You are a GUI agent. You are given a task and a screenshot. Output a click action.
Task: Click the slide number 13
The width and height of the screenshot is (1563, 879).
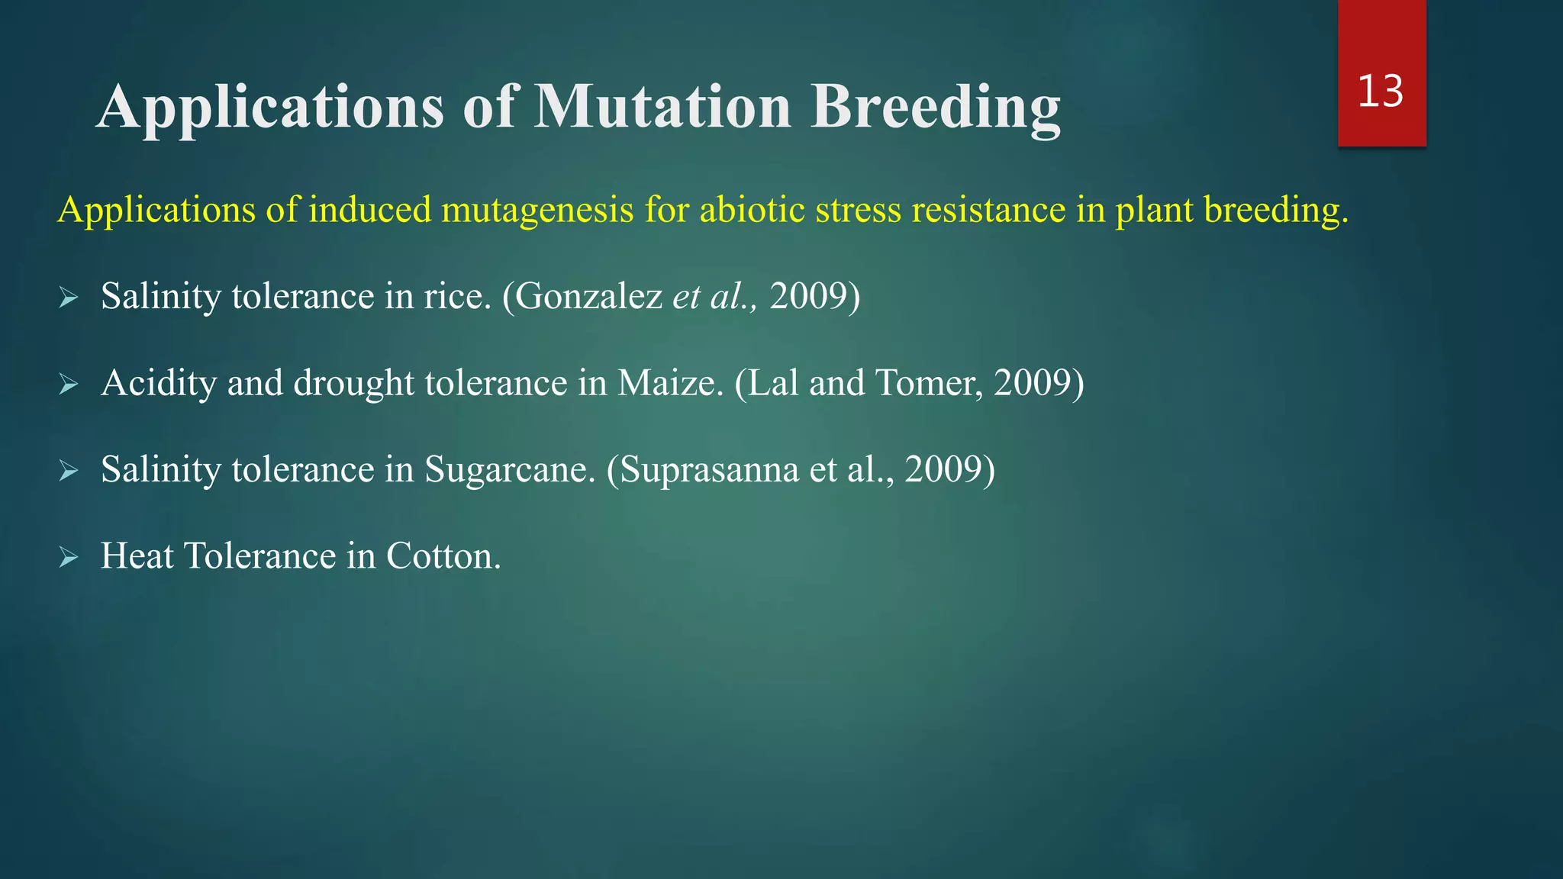1381,92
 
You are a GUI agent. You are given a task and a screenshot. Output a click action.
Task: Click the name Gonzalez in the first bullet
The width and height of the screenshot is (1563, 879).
588,297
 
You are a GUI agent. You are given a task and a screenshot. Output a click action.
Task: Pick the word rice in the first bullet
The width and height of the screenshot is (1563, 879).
453,297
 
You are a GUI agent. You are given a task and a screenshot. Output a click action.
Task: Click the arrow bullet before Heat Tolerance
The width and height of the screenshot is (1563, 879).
69,558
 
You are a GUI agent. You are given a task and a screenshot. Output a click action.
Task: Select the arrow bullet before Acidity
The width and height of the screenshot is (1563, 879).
69,385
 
